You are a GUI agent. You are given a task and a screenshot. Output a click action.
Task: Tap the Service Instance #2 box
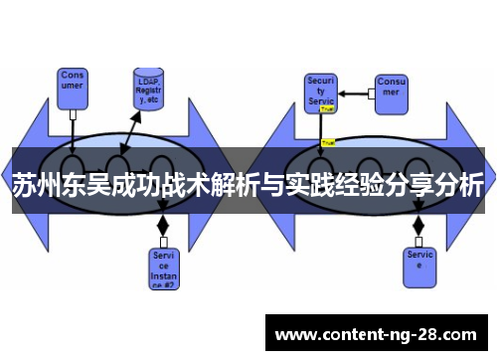[163, 268]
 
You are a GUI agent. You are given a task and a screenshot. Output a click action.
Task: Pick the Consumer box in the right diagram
[390, 87]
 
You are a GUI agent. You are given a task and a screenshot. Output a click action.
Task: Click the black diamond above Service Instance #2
[163, 227]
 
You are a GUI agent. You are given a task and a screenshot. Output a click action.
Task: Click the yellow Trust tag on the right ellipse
[327, 142]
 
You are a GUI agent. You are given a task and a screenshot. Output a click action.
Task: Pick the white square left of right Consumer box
[370, 93]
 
